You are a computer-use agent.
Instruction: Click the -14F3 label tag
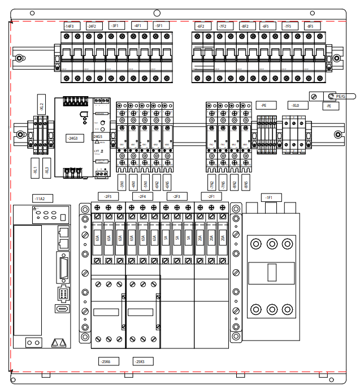70,26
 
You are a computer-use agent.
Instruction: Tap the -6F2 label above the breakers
200,26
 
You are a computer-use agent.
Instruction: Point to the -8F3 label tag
309,26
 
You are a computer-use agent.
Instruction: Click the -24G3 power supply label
72,137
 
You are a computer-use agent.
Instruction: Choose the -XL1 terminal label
35,169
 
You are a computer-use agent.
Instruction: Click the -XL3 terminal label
47,169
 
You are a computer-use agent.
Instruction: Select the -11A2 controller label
40,199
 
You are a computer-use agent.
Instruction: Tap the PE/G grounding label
340,97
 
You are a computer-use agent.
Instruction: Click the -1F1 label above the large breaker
269,197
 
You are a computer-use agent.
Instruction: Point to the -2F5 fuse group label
107,196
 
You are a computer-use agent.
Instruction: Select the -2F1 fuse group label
211,196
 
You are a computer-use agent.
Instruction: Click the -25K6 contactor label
105,361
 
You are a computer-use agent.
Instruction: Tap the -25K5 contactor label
139,361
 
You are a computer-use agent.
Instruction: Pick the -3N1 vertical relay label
122,184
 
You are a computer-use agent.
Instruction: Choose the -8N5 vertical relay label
245,184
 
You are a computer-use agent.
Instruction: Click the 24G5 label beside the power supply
98,137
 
